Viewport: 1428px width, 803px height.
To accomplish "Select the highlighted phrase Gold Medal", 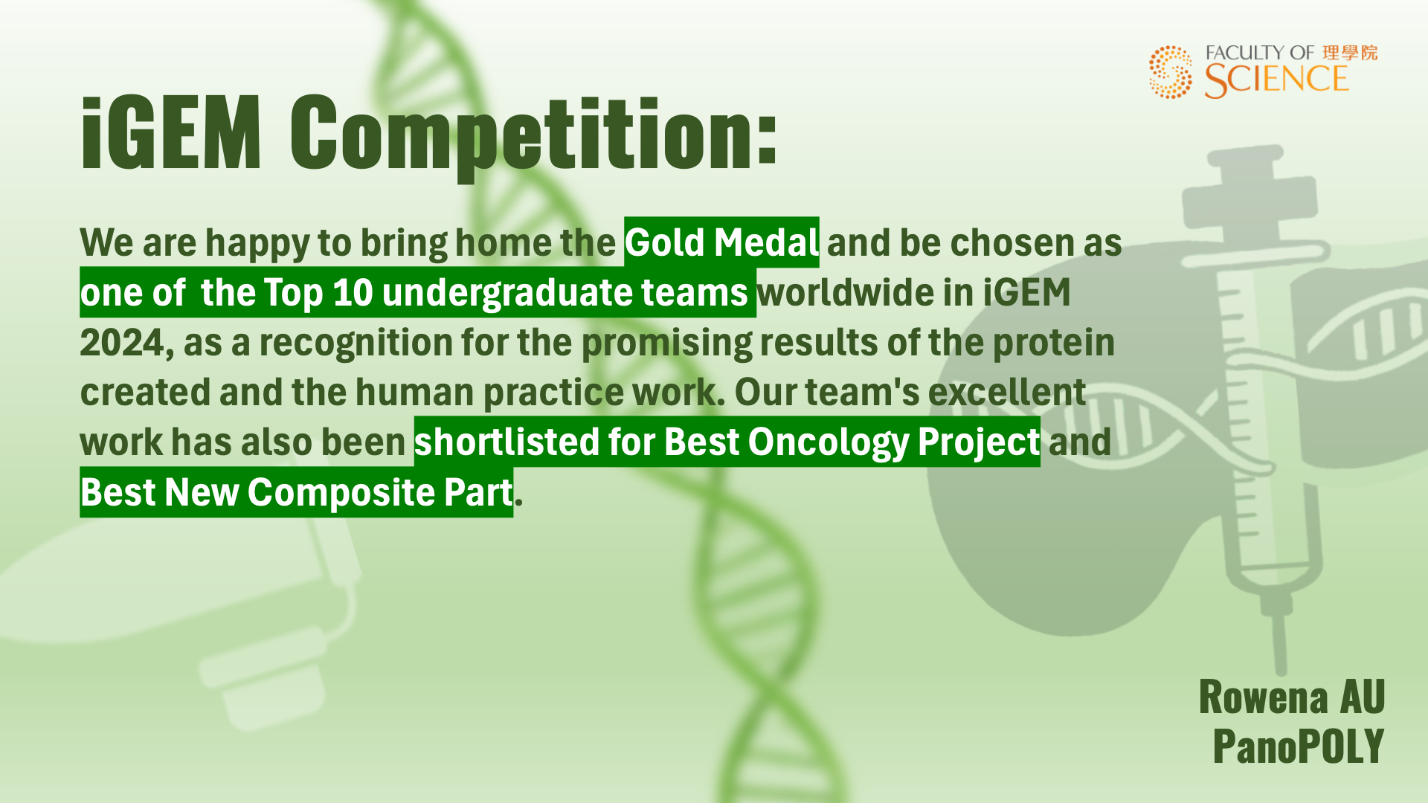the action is pos(721,242).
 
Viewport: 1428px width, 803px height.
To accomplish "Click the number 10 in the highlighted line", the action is pos(353,292).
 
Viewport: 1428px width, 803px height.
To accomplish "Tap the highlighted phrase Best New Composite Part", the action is pos(297,492).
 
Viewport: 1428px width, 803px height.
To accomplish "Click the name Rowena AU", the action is pos(1292,697).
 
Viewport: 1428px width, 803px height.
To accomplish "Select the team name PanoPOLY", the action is pos(1299,746).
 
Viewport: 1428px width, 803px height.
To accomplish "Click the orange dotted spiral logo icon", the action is pos(1171,71).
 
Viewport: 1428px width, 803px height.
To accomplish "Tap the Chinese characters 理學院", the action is pos(1350,53).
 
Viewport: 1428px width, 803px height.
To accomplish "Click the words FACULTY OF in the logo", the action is pos(1260,53).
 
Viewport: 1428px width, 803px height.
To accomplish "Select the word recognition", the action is pos(356,344).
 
